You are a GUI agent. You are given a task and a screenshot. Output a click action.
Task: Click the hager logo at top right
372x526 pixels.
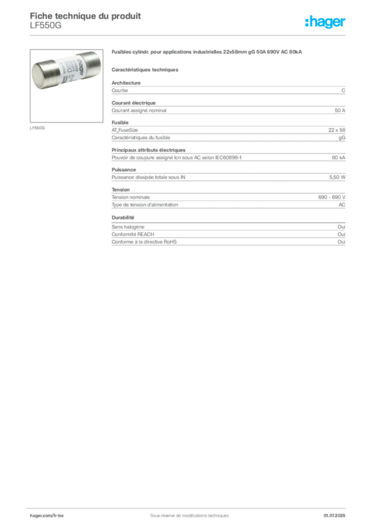click(325, 22)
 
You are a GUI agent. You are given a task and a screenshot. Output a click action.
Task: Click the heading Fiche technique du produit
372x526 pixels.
click(85, 16)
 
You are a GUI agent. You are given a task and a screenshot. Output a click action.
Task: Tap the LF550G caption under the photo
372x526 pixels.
click(37, 128)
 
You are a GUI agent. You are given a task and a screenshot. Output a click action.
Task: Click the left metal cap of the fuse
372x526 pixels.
click(44, 74)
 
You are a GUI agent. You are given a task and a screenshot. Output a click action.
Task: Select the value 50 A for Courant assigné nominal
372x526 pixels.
click(340, 110)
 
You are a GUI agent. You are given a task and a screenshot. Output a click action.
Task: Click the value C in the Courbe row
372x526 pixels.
click(343, 90)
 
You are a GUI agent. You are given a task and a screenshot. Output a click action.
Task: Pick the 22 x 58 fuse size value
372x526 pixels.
click(337, 130)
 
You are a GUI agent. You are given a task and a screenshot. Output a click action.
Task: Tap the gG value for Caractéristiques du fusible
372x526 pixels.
click(342, 138)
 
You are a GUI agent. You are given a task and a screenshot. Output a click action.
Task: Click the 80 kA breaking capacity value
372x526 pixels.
click(339, 157)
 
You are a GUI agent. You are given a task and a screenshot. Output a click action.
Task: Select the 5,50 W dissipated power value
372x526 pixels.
click(337, 177)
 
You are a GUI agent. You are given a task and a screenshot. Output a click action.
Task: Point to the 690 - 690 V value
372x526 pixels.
click(332, 197)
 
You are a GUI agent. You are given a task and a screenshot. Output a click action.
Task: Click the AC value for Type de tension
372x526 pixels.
click(342, 204)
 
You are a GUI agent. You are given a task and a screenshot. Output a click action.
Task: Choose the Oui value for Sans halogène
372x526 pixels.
click(342, 227)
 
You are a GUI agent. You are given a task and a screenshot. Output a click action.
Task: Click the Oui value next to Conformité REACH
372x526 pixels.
click(342, 234)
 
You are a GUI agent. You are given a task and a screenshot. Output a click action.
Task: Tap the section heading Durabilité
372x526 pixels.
click(123, 217)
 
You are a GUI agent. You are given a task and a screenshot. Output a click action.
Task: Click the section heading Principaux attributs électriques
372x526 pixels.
click(148, 150)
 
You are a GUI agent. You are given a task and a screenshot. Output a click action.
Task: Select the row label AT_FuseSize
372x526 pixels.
click(125, 130)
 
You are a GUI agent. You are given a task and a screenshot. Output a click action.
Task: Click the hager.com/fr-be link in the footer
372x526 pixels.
click(47, 515)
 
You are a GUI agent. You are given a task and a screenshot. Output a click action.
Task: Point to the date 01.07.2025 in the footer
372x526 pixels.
click(334, 515)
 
